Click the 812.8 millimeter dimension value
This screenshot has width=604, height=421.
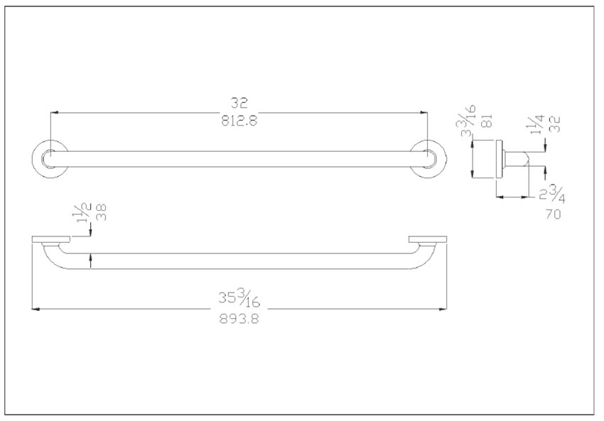pyautogui.click(x=239, y=121)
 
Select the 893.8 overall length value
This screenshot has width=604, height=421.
pyautogui.click(x=239, y=319)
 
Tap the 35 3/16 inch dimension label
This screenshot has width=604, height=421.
pyautogui.click(x=239, y=299)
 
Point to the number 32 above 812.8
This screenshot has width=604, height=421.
pyautogui.click(x=239, y=103)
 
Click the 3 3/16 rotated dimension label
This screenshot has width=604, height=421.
pyautogui.click(x=469, y=121)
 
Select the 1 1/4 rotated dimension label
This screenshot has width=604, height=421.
pyautogui.click(x=537, y=124)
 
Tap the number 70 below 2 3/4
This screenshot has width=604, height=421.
pyautogui.click(x=553, y=214)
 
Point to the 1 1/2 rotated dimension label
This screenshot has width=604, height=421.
pyautogui.click(x=84, y=213)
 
